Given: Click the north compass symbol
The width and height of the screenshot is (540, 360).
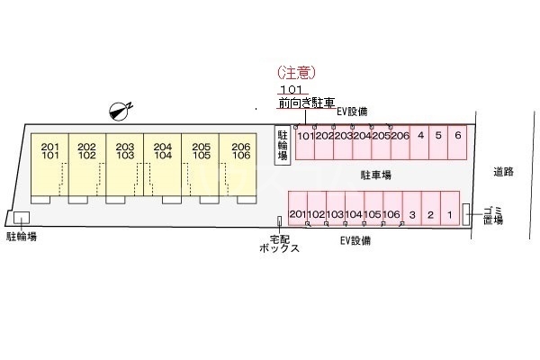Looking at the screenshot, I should [x=119, y=111].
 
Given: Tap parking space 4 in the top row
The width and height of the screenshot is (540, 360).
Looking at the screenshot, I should [x=420, y=137].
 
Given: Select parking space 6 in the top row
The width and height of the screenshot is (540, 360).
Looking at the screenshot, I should [x=457, y=137].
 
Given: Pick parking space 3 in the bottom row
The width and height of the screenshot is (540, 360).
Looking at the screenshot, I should [x=410, y=214].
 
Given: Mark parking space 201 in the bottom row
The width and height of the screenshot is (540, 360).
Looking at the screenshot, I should [x=297, y=214].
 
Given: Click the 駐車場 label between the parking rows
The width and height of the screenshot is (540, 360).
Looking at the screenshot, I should [x=375, y=175].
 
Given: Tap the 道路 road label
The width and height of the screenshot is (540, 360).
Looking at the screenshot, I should [x=503, y=171].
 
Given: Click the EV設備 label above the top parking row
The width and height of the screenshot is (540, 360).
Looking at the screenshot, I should [x=352, y=112].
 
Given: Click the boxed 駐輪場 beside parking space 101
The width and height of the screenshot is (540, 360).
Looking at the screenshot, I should [x=283, y=144].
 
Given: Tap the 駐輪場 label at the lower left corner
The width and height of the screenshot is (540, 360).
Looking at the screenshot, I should [x=22, y=238].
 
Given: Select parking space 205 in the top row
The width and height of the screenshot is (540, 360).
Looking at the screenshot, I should [x=382, y=137].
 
